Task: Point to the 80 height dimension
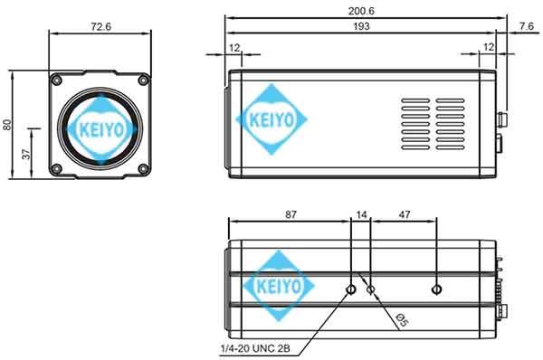8,125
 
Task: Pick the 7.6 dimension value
526,27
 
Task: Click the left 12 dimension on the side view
234,46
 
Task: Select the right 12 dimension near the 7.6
489,46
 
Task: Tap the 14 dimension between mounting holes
363,215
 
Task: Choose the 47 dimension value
404,215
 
